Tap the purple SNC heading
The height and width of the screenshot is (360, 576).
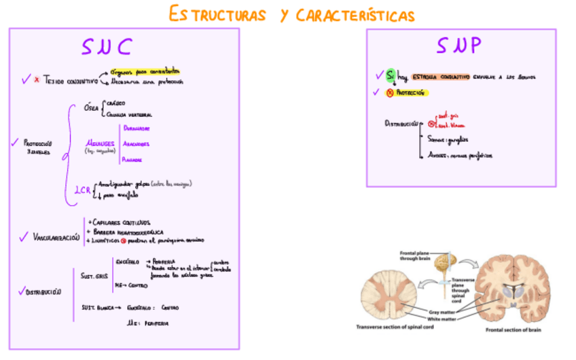point(107,46)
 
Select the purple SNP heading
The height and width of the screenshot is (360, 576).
point(459,46)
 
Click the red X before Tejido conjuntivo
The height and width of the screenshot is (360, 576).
point(37,79)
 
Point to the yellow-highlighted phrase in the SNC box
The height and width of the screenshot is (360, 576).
point(144,71)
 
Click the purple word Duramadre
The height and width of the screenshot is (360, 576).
point(137,128)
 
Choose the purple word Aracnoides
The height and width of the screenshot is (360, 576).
point(137,143)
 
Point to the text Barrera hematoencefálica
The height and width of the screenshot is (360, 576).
point(126,231)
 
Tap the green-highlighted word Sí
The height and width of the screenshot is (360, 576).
point(391,76)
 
